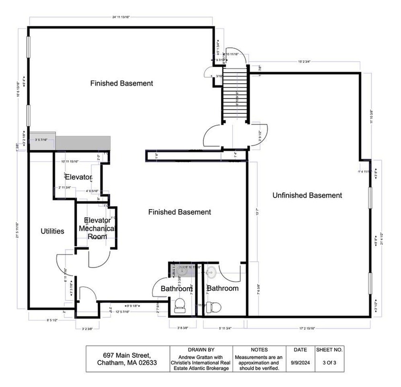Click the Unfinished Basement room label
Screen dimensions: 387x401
coord(307,195)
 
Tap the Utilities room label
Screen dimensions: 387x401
coord(52,231)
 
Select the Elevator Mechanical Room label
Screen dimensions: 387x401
coord(97,228)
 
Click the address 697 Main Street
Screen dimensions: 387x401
coord(127,355)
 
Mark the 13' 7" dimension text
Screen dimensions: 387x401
coord(258,211)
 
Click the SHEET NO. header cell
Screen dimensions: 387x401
coord(329,350)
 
